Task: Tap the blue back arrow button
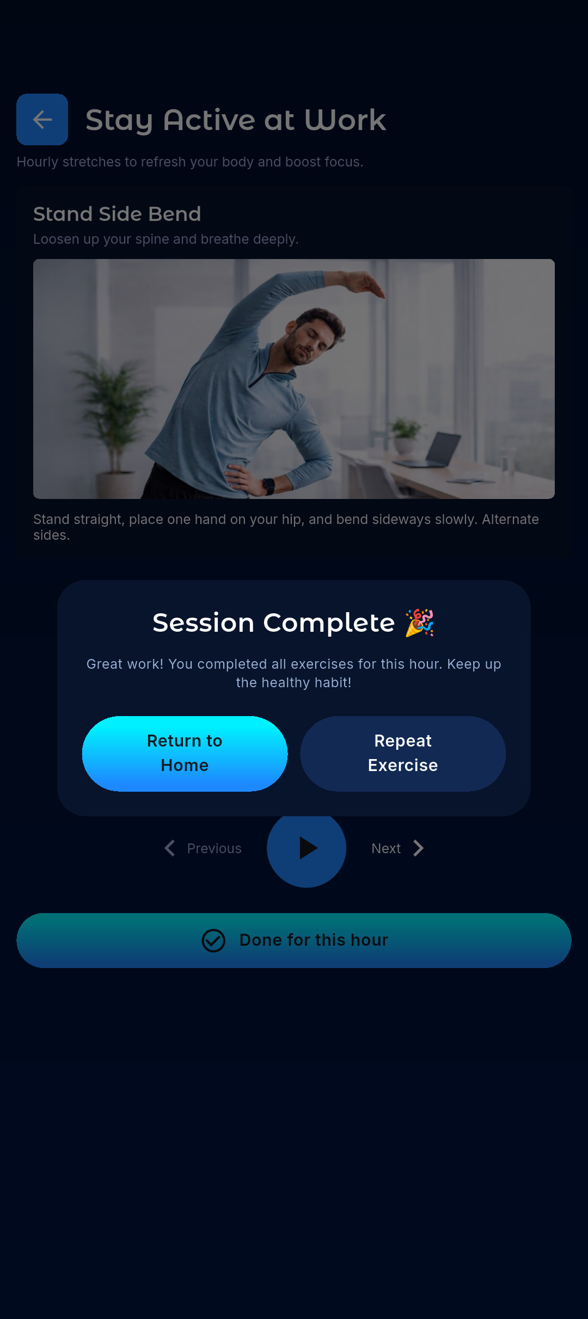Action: pyautogui.click(x=42, y=119)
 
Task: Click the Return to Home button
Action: pyautogui.click(x=185, y=753)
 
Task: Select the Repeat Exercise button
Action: pyautogui.click(x=403, y=753)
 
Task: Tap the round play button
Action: pyautogui.click(x=307, y=848)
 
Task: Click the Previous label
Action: pyautogui.click(x=214, y=848)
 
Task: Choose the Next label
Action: pyautogui.click(x=386, y=848)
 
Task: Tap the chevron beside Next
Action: pyautogui.click(x=418, y=848)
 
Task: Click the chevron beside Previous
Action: pyautogui.click(x=170, y=848)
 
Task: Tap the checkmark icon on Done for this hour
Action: pyautogui.click(x=213, y=940)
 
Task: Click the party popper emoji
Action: pyautogui.click(x=419, y=622)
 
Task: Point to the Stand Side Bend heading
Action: pyautogui.click(x=117, y=214)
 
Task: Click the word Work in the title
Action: pyautogui.click(x=345, y=120)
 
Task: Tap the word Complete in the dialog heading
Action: pyautogui.click(x=329, y=622)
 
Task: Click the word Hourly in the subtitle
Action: pyautogui.click(x=37, y=162)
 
